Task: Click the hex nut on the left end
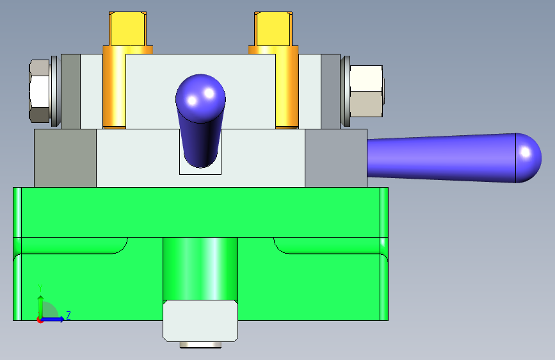point(39,91)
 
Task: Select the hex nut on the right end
point(366,91)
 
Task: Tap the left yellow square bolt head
point(128,29)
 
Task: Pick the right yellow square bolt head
point(273,29)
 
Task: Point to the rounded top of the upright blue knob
point(201,97)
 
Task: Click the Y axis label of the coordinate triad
point(40,288)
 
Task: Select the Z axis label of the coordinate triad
point(68,315)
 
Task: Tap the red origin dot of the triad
point(40,320)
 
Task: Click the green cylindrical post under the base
point(200,269)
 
